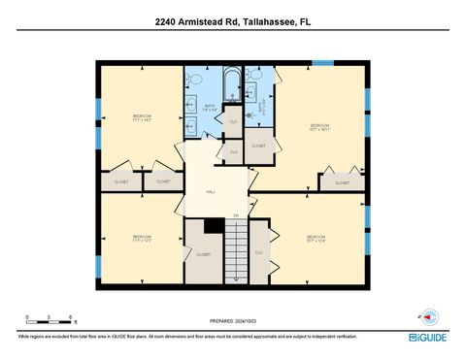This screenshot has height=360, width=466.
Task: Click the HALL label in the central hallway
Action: click(211, 192)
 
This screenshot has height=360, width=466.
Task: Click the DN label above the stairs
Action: click(235, 214)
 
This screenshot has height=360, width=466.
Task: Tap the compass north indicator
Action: click(428, 316)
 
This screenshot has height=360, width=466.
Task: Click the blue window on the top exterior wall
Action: click(322, 63)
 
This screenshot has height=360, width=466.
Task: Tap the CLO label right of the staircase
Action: click(258, 252)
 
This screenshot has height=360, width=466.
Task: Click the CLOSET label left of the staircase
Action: click(203, 254)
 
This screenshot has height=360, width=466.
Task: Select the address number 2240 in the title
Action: click(167, 21)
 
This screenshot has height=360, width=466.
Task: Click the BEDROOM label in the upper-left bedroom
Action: click(142, 116)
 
